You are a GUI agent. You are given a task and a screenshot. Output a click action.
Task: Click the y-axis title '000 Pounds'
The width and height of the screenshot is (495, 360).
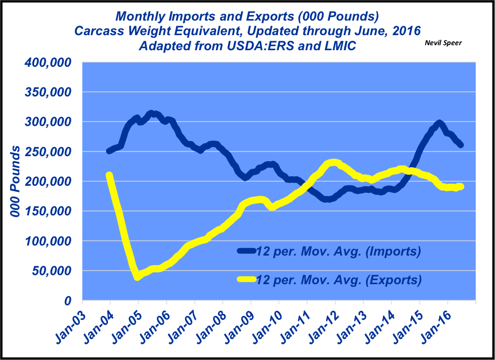pyautogui.click(x=16, y=182)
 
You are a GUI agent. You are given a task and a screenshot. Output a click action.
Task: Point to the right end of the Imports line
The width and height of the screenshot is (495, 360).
pyautogui.click(x=461, y=145)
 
